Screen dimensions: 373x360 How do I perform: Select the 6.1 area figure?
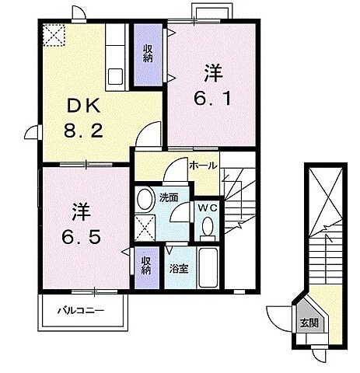[211, 99]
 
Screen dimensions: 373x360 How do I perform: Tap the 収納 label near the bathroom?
[146, 266]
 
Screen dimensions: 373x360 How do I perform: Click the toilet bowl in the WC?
[207, 228]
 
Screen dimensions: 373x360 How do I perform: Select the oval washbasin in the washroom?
[145, 200]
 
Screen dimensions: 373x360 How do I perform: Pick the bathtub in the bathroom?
[208, 269]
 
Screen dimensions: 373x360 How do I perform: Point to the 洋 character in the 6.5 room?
[81, 210]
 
